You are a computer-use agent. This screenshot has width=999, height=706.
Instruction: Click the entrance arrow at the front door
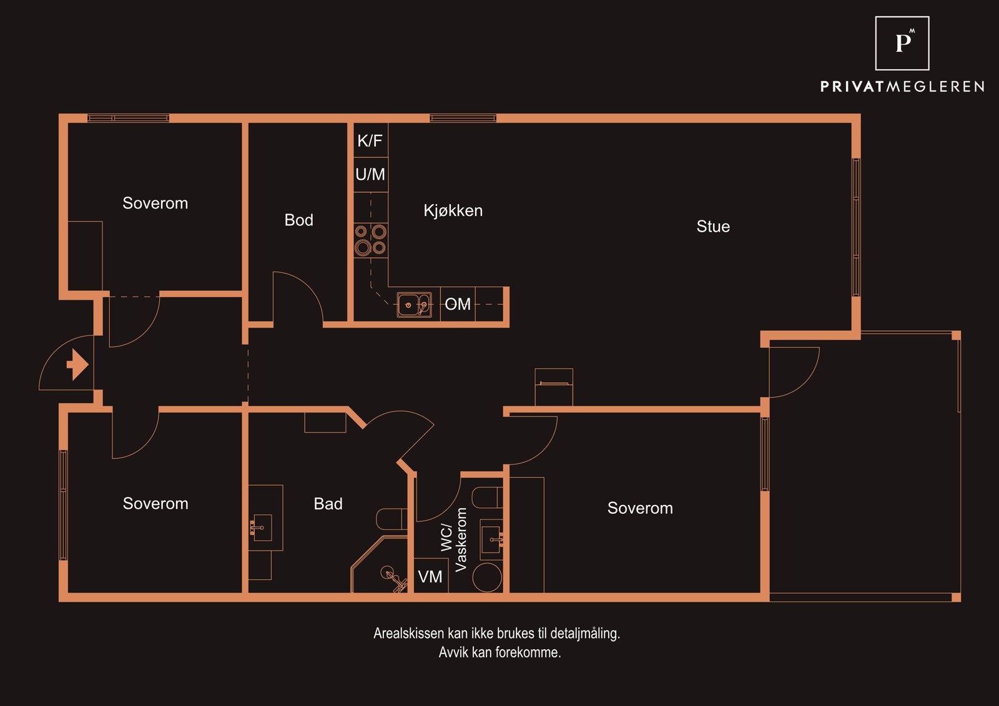click(x=78, y=365)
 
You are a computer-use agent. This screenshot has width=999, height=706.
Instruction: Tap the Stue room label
click(x=713, y=227)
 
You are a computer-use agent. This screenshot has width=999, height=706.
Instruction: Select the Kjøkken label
click(x=453, y=210)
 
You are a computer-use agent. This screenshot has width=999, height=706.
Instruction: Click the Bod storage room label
click(x=299, y=220)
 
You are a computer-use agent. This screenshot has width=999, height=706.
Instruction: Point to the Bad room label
click(x=328, y=504)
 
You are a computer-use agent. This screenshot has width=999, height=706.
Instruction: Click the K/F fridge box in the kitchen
click(x=371, y=140)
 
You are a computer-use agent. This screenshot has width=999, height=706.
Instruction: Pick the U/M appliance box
click(x=371, y=175)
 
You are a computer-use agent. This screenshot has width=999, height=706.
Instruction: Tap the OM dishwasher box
click(x=458, y=304)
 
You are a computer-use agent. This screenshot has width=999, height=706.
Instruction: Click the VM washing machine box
click(x=431, y=576)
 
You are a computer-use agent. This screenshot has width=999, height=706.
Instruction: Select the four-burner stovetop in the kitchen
click(x=371, y=240)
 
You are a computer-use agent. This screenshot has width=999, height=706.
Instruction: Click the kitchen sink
click(x=415, y=305)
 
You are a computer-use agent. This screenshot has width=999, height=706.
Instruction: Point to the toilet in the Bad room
click(x=391, y=519)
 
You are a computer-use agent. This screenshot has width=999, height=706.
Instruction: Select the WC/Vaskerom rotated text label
click(x=454, y=540)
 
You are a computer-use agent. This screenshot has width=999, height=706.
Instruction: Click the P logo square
click(x=902, y=43)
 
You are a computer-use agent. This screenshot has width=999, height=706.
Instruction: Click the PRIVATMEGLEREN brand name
click(x=902, y=87)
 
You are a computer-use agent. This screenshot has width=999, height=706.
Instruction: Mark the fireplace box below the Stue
click(x=554, y=386)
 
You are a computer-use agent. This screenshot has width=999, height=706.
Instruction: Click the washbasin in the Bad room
click(x=262, y=527)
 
